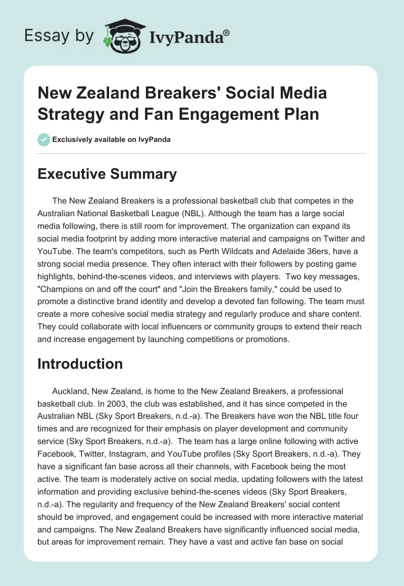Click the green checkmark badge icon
43,139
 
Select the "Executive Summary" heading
107,174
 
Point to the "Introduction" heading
80,364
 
